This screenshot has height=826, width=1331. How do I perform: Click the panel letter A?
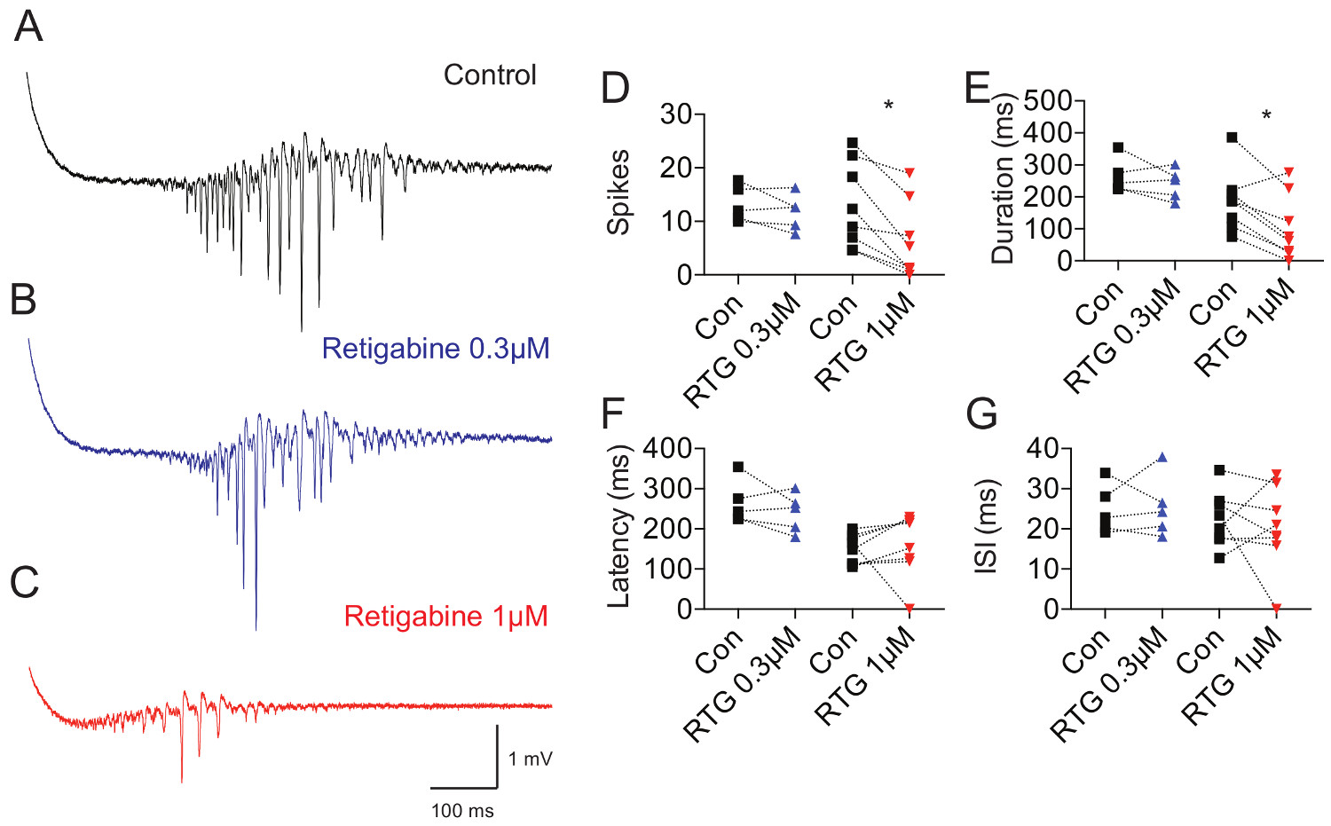pyautogui.click(x=28, y=27)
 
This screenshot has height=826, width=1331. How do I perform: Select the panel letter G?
pyautogui.click(x=981, y=413)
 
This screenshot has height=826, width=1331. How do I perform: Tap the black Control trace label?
pyautogui.click(x=490, y=75)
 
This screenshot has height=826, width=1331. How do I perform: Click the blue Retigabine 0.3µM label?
pyautogui.click(x=436, y=349)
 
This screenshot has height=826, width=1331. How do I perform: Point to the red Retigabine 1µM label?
pyautogui.click(x=445, y=616)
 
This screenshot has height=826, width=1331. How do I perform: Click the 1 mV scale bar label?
pyautogui.click(x=531, y=759)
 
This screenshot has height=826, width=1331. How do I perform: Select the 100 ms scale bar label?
pyautogui.click(x=462, y=811)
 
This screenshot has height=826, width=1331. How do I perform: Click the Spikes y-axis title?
pyautogui.click(x=618, y=193)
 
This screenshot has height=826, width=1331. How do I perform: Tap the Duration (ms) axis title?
pyautogui.click(x=1003, y=179)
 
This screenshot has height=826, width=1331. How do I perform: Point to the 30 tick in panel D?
pyautogui.click(x=676, y=114)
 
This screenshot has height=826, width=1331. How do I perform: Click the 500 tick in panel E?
pyautogui.click(x=1049, y=100)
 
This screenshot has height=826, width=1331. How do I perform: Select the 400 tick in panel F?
pyautogui.click(x=667, y=448)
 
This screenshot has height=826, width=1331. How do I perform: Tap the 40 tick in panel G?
pyautogui.click(x=1043, y=448)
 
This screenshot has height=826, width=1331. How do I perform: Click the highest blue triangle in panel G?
pyautogui.click(x=1162, y=458)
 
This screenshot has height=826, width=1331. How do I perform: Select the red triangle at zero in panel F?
pyautogui.click(x=910, y=608)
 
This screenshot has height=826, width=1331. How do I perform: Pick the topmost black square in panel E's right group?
pyautogui.click(x=1232, y=138)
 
